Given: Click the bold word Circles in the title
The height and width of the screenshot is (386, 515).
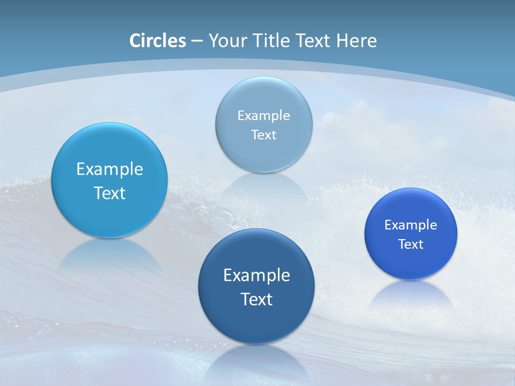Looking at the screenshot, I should pyautogui.click(x=158, y=41).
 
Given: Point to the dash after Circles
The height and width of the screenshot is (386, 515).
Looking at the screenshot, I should pyautogui.click(x=197, y=41).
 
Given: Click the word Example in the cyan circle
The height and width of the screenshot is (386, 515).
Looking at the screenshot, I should pyautogui.click(x=109, y=169).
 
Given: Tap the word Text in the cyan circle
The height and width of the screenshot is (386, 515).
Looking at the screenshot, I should pyautogui.click(x=109, y=193).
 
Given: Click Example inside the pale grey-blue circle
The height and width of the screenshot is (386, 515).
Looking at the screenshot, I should pyautogui.click(x=264, y=116).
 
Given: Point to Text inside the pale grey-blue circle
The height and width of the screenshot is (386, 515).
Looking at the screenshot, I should pyautogui.click(x=264, y=135).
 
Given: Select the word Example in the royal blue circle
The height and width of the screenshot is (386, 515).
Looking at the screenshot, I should pyautogui.click(x=411, y=225).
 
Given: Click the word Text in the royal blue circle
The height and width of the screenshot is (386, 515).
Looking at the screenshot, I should pyautogui.click(x=411, y=244).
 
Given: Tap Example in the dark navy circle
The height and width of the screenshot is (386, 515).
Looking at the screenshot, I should pyautogui.click(x=256, y=276).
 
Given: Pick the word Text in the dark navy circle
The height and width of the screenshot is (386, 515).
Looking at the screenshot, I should pyautogui.click(x=256, y=299).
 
